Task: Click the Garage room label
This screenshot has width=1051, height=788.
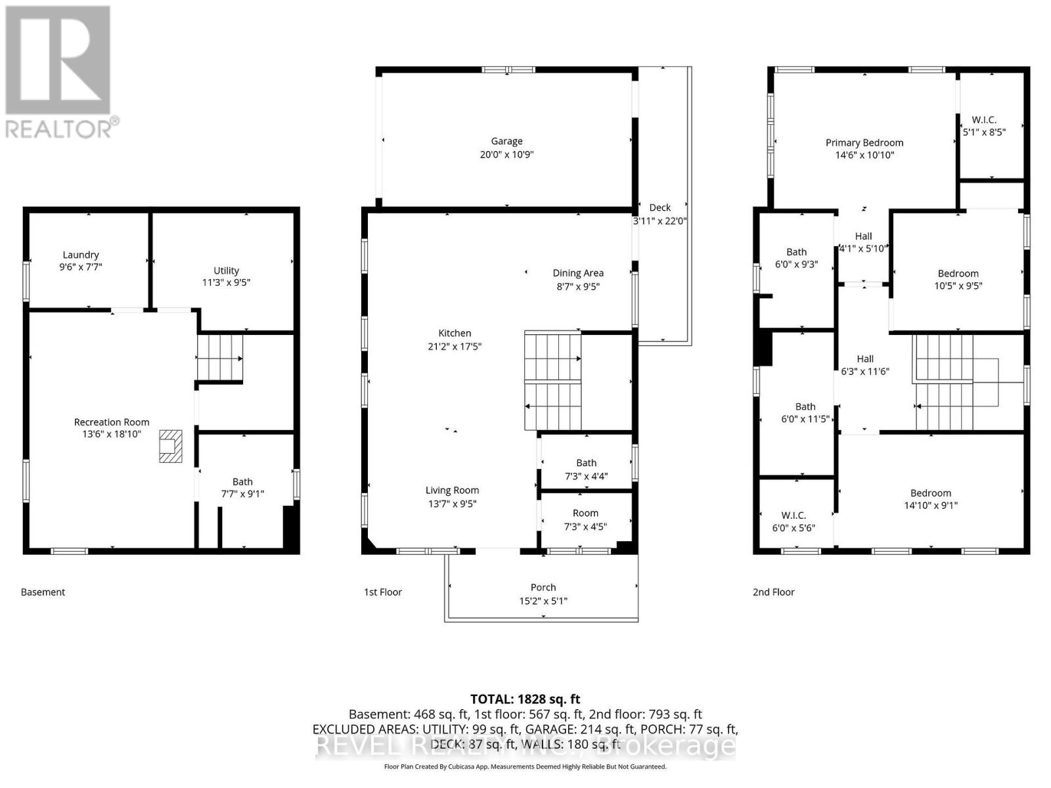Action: click(506, 141)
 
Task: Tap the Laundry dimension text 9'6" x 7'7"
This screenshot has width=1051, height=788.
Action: click(81, 267)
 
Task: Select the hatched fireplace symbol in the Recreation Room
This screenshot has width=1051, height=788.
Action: click(170, 447)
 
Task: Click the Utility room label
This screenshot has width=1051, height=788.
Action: click(226, 271)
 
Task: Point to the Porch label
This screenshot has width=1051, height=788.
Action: click(543, 588)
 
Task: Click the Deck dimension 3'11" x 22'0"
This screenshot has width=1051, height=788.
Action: click(660, 221)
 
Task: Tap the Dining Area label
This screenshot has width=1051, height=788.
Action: click(578, 273)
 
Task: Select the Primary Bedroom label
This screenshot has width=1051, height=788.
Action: click(864, 143)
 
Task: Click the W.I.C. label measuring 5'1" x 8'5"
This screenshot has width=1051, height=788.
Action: click(984, 120)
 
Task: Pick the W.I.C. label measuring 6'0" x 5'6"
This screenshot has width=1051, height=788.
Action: click(794, 515)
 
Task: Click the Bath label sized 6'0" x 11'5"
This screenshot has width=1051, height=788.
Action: click(805, 406)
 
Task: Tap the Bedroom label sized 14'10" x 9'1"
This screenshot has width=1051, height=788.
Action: click(931, 493)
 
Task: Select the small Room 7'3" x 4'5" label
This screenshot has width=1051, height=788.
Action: click(585, 514)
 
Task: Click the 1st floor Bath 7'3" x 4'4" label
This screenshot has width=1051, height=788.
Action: click(587, 463)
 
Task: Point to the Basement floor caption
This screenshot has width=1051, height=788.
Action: click(43, 592)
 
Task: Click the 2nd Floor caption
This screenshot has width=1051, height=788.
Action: click(774, 592)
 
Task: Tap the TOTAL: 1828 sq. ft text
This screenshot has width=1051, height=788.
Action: click(525, 699)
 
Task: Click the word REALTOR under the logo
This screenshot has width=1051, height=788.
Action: click(59, 127)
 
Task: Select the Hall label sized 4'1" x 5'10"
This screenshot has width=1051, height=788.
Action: click(863, 236)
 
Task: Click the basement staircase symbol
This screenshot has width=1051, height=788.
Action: click(220, 358)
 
